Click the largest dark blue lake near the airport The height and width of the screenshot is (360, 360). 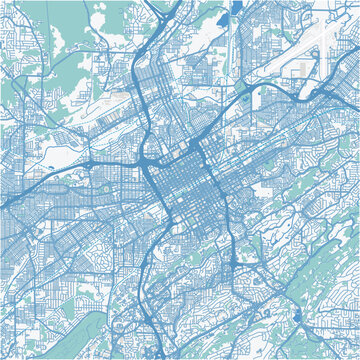pyautogui.click(x=237, y=8)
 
